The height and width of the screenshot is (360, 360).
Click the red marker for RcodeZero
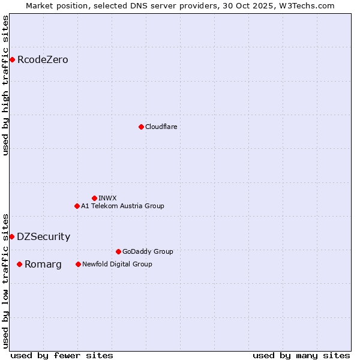pos(12,59)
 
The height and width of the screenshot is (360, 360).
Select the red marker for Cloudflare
pos(141,127)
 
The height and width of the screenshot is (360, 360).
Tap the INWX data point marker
pos(94,198)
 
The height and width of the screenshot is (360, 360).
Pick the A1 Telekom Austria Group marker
pos(77,206)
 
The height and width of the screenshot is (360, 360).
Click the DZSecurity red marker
pos(11,236)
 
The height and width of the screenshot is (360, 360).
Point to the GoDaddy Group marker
pos(118,251)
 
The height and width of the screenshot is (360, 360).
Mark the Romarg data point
pos(19,264)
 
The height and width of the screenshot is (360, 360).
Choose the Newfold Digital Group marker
pos(78,264)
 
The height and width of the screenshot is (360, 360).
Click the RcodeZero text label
pos(43,59)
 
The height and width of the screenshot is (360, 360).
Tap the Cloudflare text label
pos(161,127)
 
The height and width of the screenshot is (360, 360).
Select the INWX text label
pos(107,198)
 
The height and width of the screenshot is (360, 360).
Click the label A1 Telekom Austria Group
pos(122,206)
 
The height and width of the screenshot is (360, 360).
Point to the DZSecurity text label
pos(43,236)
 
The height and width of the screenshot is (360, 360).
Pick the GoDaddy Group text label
pos(147,251)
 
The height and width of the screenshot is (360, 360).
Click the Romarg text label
pos(43,264)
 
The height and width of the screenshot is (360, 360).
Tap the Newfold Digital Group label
pos(117,264)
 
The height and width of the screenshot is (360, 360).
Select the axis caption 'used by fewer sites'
pos(62,355)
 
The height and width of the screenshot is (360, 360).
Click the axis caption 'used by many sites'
pos(301,355)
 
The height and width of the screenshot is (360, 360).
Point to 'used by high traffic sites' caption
pos(5,85)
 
